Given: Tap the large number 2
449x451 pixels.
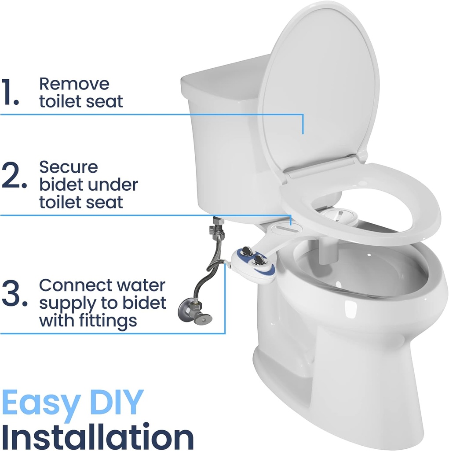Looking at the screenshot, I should click(x=12, y=176).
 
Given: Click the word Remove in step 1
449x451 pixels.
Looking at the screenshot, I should click(x=74, y=83).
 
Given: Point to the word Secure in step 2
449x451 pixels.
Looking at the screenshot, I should click(x=69, y=167).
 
